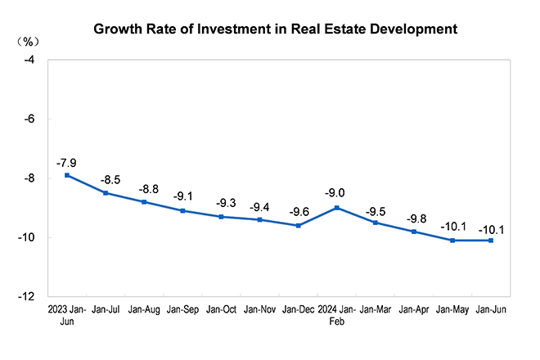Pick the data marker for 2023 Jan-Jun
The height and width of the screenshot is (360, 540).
pos(67,175)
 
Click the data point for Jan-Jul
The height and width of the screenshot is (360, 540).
pos(106,193)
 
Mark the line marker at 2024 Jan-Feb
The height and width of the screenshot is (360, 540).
pos(337,208)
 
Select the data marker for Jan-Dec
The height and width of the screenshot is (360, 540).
pos(299,225)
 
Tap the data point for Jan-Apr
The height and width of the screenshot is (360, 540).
pos(414,232)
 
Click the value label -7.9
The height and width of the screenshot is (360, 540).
pos(67,162)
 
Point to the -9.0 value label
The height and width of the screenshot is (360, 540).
pos(337,194)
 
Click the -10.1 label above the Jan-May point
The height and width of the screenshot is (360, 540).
pos(452,227)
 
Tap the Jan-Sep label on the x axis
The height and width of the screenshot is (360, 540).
pos(182,312)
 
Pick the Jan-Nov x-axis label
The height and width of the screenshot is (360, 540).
pos(260,312)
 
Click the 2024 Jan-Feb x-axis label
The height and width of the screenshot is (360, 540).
pos(337,317)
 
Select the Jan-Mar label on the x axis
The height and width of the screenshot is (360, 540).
pos(376,312)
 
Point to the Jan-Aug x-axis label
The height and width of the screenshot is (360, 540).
pos(144,312)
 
